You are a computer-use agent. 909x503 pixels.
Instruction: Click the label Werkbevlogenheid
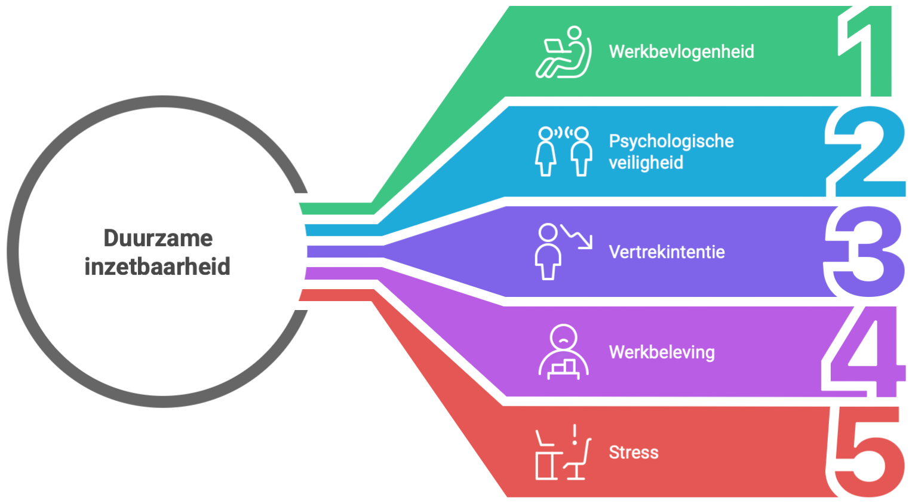point(681,51)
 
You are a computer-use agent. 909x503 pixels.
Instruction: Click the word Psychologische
point(671,142)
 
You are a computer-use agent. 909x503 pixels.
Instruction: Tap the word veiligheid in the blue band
point(646,162)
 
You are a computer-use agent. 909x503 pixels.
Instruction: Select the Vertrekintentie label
point(667,252)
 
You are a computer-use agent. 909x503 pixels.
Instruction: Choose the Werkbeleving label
point(662,352)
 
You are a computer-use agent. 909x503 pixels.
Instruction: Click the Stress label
point(633,452)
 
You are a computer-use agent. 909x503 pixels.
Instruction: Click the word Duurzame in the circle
point(158,238)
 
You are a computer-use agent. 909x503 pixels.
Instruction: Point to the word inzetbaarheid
point(158,266)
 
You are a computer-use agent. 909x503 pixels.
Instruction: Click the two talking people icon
point(563,151)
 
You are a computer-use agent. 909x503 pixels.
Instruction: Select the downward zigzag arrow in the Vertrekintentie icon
point(577,237)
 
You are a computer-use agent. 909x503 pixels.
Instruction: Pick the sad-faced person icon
point(563,352)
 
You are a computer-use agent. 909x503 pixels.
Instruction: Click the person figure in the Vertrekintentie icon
point(547,252)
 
